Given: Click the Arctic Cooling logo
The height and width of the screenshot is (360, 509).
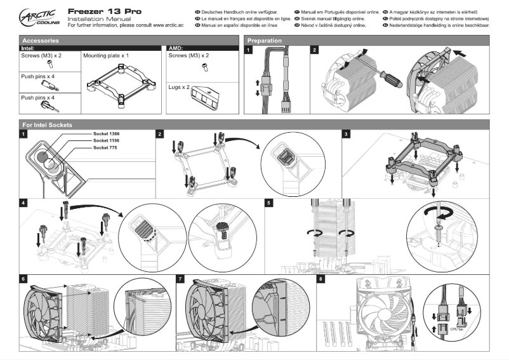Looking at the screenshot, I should pos(37,17).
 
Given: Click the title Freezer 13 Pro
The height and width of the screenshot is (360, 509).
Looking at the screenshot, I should pos(104,11).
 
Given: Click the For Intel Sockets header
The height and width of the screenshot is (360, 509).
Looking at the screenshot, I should pos(47,125).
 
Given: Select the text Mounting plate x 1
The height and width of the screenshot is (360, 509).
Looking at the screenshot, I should pos(106,56).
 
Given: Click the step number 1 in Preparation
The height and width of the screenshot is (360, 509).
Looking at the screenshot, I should pos(249,50).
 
